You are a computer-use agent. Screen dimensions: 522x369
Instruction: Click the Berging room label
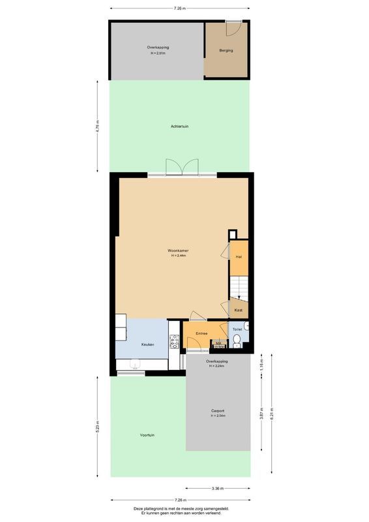coord(226,50)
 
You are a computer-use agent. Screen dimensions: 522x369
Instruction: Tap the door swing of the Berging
coord(233,28)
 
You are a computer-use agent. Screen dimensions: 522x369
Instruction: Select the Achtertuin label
coord(179,126)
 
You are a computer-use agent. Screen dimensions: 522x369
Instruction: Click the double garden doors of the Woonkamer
coord(182,168)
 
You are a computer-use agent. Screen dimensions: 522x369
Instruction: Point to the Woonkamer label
coord(177,250)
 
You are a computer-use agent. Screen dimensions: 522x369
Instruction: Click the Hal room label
coord(239,258)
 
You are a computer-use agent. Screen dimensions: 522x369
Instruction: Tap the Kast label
coord(239,309)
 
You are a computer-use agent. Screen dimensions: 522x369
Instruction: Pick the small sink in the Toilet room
coord(245,326)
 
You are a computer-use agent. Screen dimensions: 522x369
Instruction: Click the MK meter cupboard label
coord(219,343)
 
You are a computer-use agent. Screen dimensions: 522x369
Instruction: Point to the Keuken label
coord(148,344)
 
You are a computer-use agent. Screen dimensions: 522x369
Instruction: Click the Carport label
coord(218,410)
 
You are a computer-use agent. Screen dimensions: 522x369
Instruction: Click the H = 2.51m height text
coord(157,53)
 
